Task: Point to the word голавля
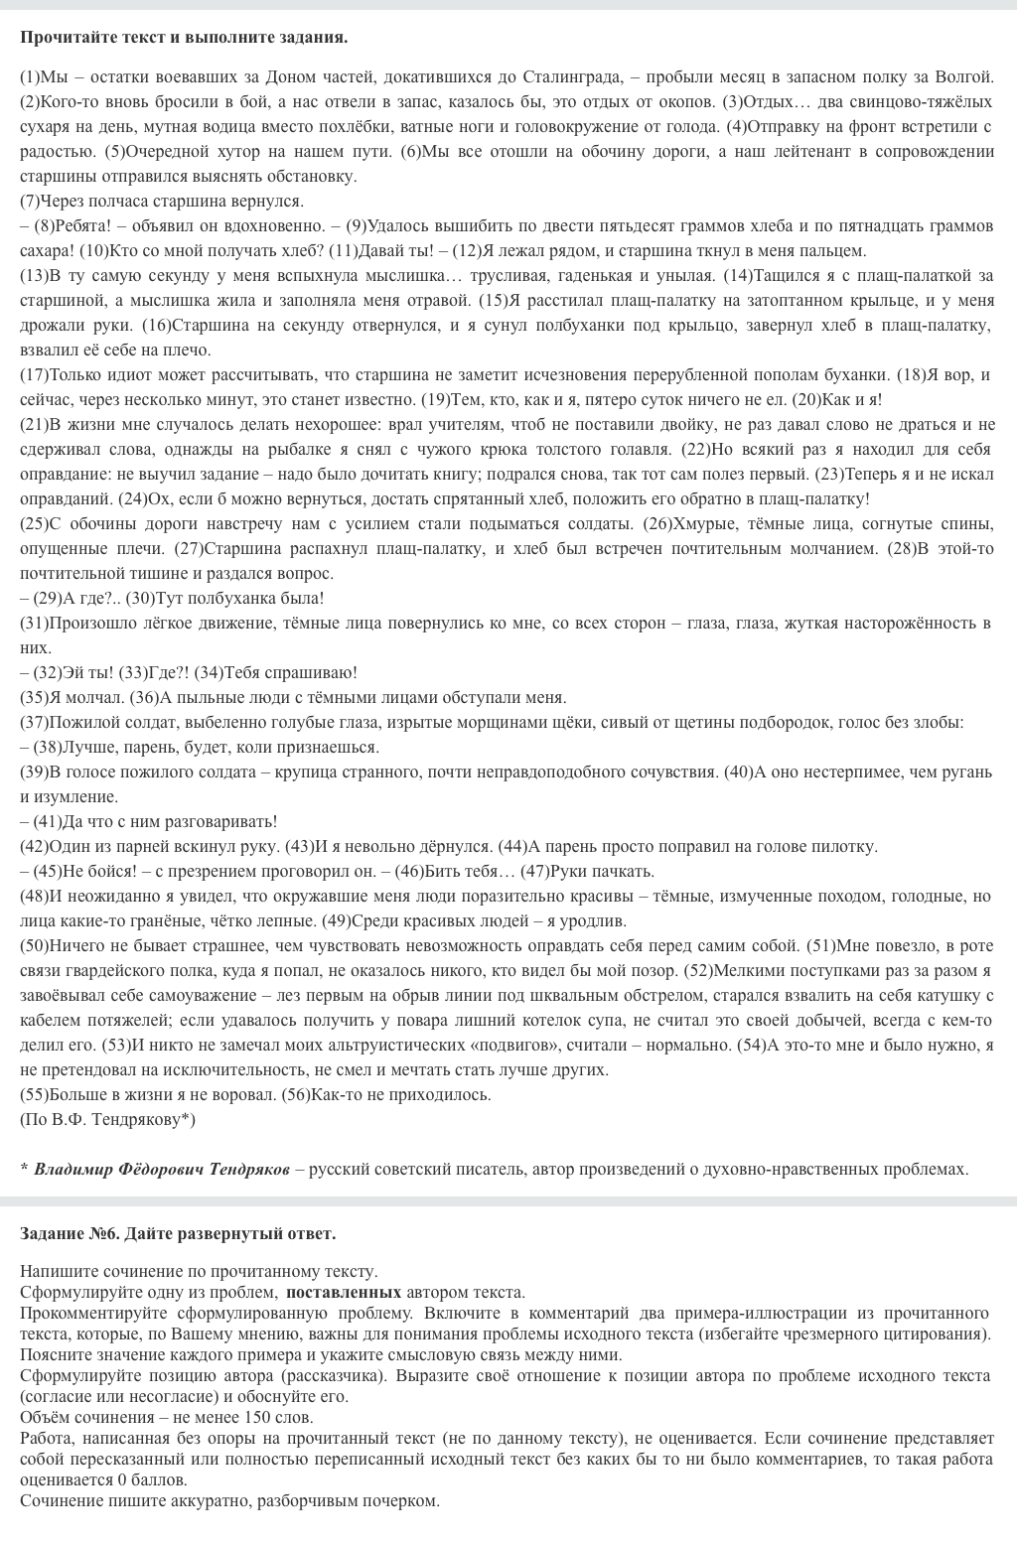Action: [649, 449]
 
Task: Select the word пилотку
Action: [844, 846]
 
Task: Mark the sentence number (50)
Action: [35, 945]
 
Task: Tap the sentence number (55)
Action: [35, 1094]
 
